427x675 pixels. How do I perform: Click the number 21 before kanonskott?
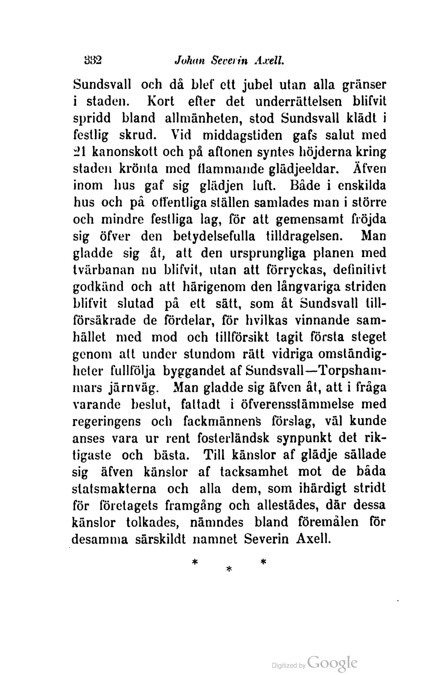click(x=80, y=152)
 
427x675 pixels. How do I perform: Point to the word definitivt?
click(x=360, y=270)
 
